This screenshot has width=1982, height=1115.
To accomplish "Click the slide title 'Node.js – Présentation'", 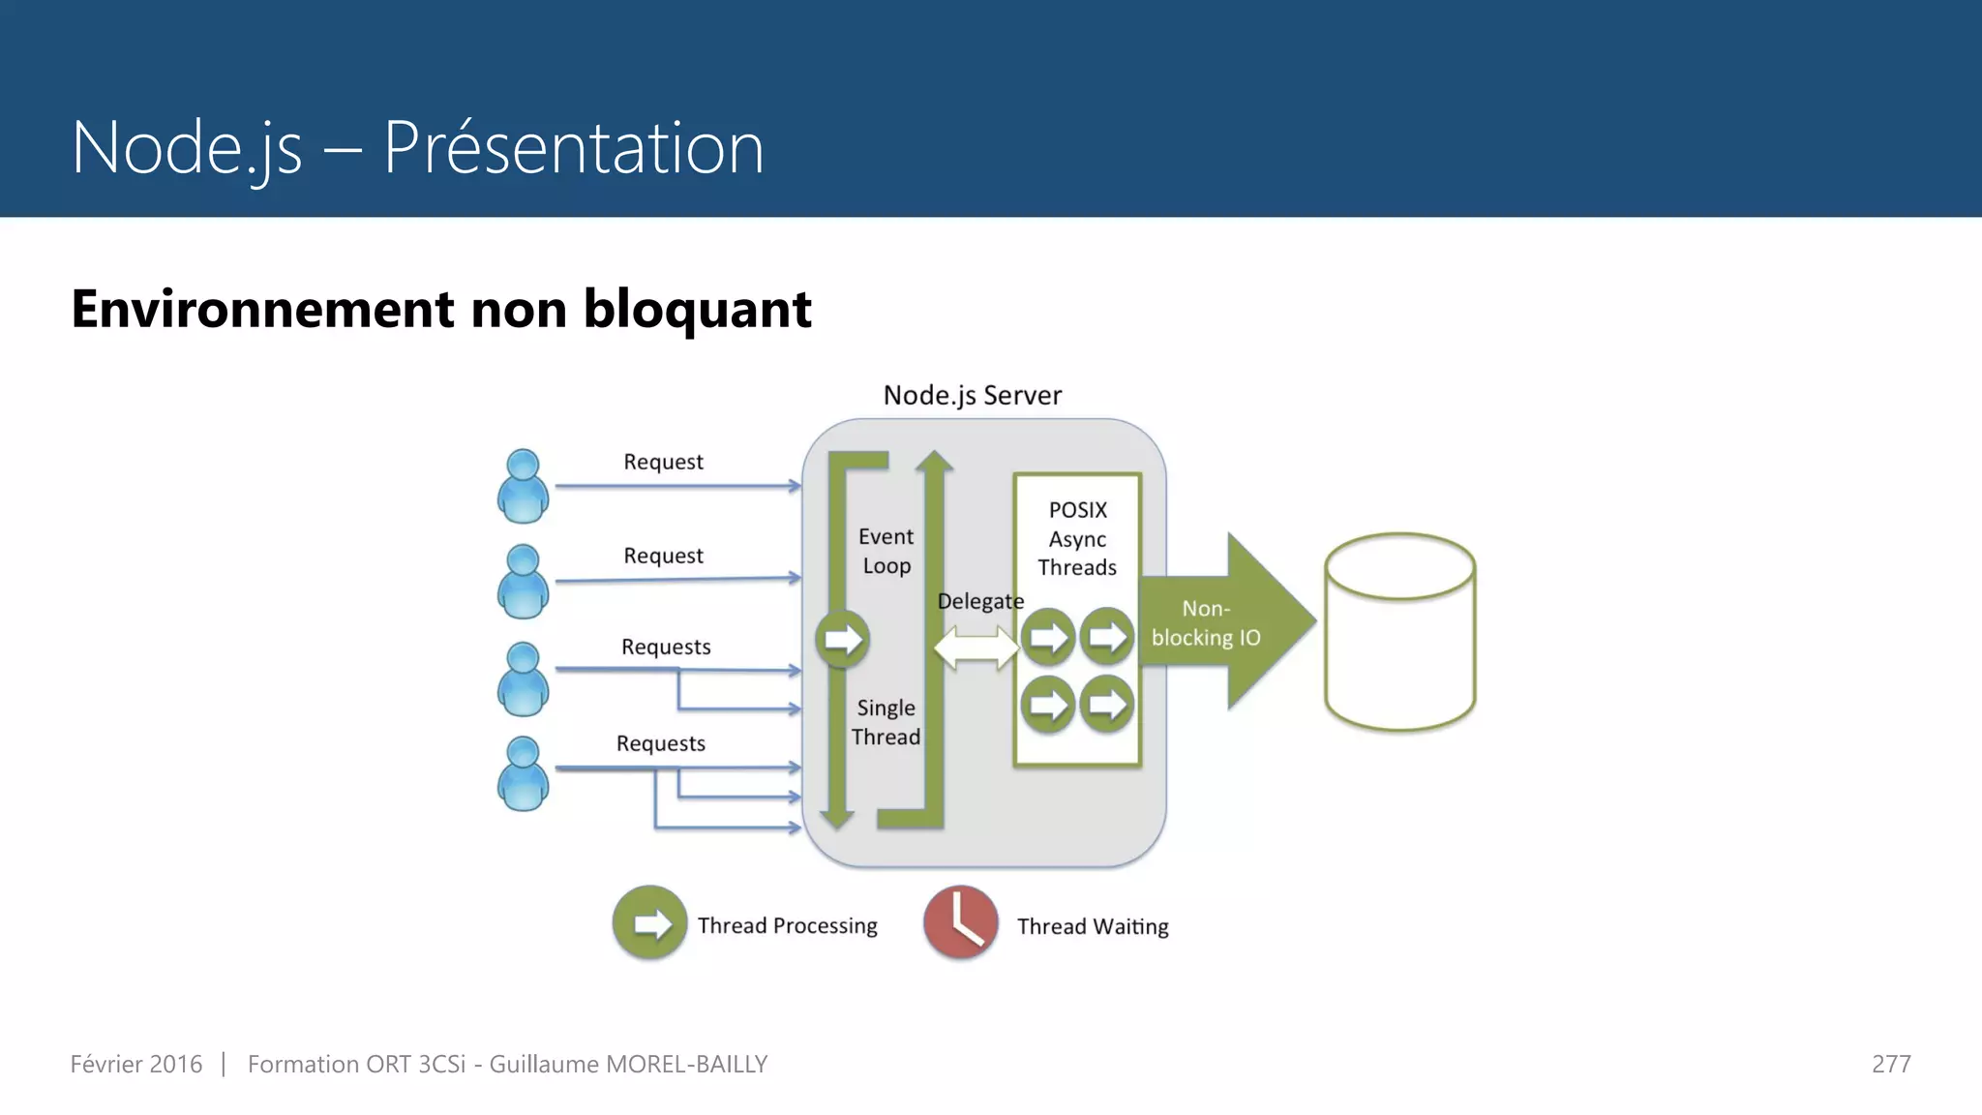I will click(417, 147).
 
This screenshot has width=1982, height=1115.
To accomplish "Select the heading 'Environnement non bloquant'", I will click(441, 310).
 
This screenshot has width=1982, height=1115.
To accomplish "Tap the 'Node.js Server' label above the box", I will click(972, 395).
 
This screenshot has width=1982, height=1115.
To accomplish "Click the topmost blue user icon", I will click(523, 486).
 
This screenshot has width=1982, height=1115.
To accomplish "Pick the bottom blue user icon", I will click(523, 773).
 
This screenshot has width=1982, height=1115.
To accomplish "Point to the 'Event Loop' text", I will click(886, 551).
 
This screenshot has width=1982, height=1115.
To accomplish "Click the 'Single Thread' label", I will click(886, 722).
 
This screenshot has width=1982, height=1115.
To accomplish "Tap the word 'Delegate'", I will click(979, 601).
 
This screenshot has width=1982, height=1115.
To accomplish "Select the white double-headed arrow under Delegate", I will click(976, 647).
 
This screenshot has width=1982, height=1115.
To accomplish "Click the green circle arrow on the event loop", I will click(842, 639).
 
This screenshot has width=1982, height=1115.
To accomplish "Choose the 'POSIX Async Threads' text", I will click(1077, 538).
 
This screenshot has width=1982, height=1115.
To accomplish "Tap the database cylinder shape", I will click(1399, 632).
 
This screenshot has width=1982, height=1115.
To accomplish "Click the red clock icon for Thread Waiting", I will click(960, 922).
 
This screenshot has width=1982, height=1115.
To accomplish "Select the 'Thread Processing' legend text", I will click(787, 925).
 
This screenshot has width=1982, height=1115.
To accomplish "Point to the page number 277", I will click(1890, 1064).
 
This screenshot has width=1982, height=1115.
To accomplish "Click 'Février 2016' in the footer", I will click(136, 1064).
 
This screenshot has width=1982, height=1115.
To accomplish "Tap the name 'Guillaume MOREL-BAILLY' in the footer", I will click(628, 1064).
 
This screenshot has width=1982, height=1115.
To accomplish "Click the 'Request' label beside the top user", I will click(663, 462).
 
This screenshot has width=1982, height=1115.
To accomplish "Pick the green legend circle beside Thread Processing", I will click(649, 922).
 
